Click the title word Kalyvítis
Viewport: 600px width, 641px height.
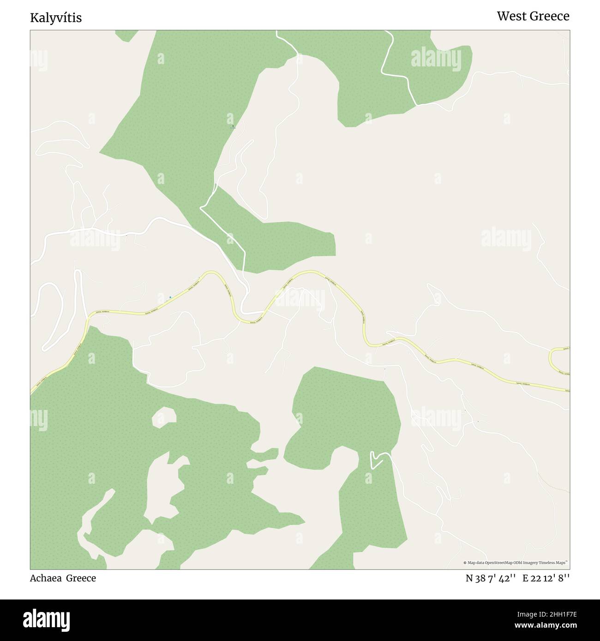tap(56, 18)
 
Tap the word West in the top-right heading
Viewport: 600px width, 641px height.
tap(512, 16)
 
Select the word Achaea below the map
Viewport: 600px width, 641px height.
tap(46, 578)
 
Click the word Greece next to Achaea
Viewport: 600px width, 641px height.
tap(81, 578)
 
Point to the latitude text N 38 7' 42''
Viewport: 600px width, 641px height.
tap(490, 578)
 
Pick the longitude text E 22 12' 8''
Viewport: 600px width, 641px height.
tap(546, 578)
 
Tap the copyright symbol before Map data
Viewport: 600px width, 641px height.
tap(465, 563)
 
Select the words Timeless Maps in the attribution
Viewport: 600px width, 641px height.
tap(556, 563)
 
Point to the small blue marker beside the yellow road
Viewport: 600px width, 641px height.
tap(170, 297)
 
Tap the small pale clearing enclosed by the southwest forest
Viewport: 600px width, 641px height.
tap(164, 416)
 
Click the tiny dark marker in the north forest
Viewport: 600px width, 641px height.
tap(233, 126)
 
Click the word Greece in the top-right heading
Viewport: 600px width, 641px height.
tap(549, 16)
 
